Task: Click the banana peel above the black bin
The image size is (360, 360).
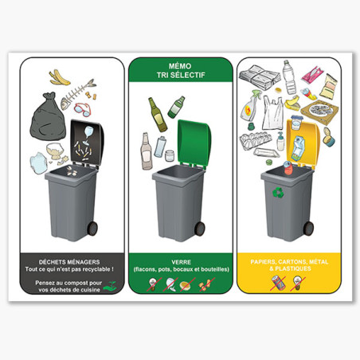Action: [59, 78]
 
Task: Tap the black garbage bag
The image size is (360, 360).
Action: [49, 116]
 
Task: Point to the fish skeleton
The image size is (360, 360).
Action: [77, 93]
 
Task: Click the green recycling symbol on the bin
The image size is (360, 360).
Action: [278, 193]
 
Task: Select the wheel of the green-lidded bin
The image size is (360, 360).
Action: [200, 229]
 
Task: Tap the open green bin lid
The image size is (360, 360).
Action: [195, 143]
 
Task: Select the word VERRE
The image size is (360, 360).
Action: [181, 262]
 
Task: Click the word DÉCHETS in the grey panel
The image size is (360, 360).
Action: [52, 262]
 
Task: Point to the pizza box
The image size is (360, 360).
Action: [319, 110]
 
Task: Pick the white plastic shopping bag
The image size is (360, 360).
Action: [272, 113]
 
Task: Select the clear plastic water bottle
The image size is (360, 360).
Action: [289, 77]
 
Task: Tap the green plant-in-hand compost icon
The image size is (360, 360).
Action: [110, 286]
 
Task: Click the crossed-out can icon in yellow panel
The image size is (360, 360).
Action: [278, 283]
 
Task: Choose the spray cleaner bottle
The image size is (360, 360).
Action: [250, 106]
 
